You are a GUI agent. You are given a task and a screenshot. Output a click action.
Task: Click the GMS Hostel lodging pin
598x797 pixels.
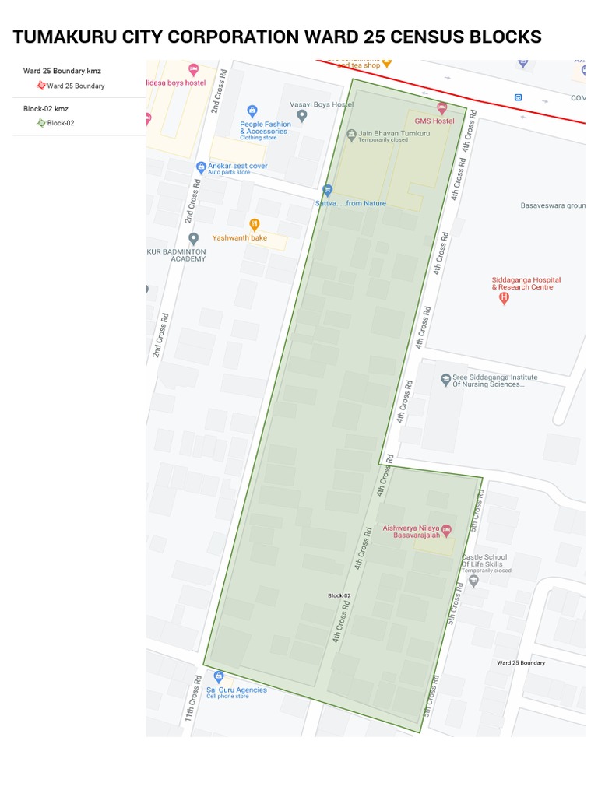(x=441, y=108)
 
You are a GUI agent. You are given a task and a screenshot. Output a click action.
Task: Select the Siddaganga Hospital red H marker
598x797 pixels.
(x=504, y=298)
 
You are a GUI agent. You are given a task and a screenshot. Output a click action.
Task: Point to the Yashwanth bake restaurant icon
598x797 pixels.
(x=254, y=225)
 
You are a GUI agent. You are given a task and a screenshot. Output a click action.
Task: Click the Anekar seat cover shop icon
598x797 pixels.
(x=201, y=166)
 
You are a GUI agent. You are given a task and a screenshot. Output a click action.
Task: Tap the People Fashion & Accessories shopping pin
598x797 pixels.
(x=252, y=111)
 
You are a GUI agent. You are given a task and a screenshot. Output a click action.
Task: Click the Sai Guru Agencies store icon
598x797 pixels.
(x=219, y=676)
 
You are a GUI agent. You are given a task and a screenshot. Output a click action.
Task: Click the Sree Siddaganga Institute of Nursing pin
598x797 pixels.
(x=445, y=380)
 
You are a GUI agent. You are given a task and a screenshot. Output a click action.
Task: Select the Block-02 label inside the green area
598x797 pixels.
(x=339, y=595)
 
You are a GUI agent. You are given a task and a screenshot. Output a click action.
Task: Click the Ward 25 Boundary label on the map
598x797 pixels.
(x=521, y=662)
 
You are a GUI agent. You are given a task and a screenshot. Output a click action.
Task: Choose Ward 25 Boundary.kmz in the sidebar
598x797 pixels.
(x=62, y=71)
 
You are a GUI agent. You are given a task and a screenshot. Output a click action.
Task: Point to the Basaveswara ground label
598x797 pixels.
(x=552, y=206)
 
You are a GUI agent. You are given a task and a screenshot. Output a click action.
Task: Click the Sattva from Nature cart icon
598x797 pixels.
(x=328, y=189)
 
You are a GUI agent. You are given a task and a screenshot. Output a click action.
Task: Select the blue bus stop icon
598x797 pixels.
(x=518, y=97)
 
